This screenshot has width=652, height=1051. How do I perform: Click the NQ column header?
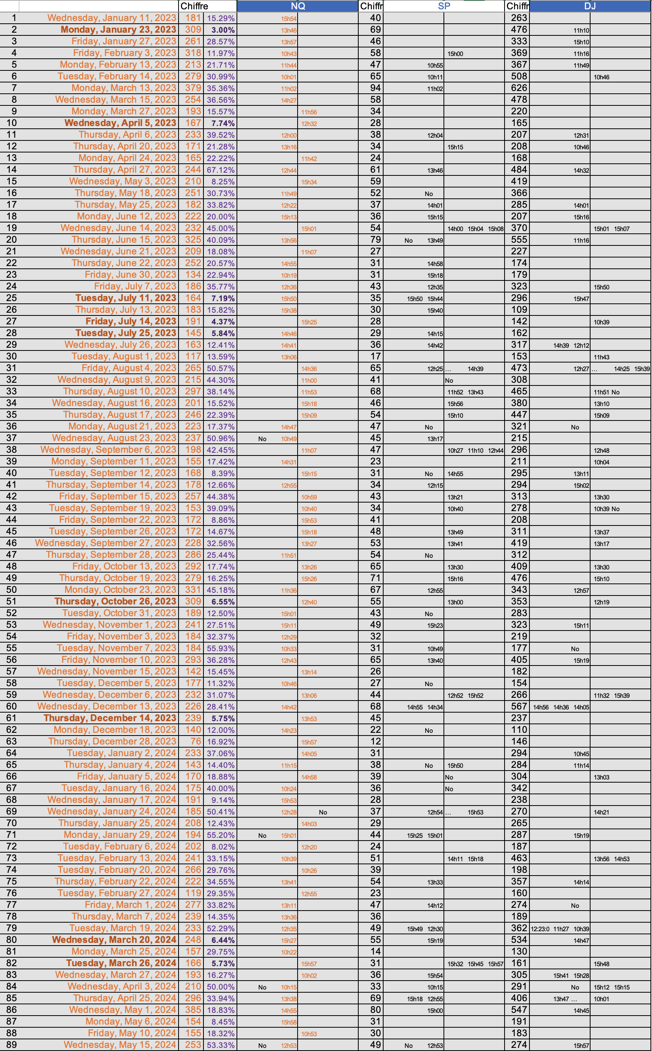[x=298, y=6]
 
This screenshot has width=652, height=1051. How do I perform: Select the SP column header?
[x=444, y=6]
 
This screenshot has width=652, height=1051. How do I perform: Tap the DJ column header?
[x=590, y=6]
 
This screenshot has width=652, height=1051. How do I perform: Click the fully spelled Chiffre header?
[x=194, y=6]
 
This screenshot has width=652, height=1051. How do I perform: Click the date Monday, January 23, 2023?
[x=118, y=30]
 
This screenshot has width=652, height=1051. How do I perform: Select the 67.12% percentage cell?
[x=220, y=170]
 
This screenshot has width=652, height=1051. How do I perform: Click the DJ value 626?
[x=519, y=88]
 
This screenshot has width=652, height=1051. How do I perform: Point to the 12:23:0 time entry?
[x=540, y=929]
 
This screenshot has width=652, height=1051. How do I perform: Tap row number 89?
[x=12, y=1045]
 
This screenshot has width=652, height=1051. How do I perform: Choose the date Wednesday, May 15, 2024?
[x=120, y=1045]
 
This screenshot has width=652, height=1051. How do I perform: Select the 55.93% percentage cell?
[x=220, y=648]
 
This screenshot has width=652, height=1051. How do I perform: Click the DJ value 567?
[x=519, y=706]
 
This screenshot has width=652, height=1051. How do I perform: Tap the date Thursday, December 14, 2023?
[x=110, y=718]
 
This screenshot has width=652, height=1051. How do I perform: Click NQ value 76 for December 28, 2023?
[x=196, y=741]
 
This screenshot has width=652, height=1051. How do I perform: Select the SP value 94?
[x=375, y=88]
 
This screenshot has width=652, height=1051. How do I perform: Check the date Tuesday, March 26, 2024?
[x=121, y=963]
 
